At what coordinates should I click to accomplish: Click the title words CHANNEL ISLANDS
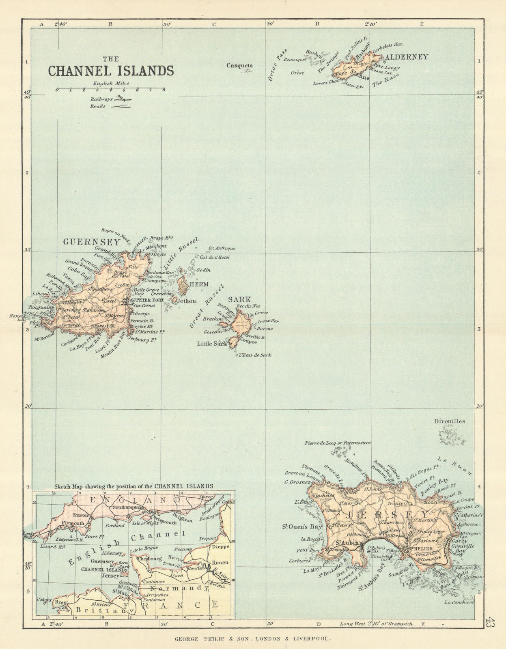[111, 71]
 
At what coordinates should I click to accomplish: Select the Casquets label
[239, 65]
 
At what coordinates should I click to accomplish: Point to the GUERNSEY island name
[92, 242]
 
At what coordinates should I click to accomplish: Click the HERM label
[199, 285]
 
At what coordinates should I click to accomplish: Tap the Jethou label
[187, 301]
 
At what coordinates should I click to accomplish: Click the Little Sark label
[211, 343]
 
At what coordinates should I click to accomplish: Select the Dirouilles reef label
[449, 421]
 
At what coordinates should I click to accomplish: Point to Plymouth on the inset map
[73, 523]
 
